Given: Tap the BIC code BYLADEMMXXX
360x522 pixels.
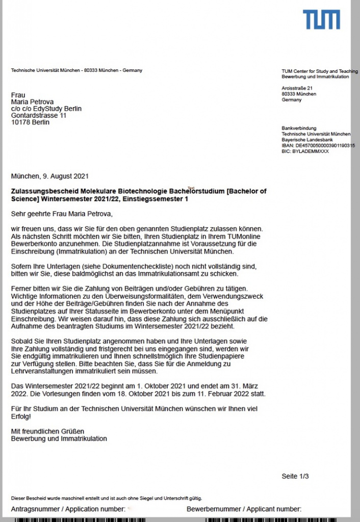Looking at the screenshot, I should point(305,151).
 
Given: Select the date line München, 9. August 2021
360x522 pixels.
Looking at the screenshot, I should point(50,177).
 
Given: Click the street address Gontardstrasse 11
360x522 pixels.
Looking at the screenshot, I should point(39,116).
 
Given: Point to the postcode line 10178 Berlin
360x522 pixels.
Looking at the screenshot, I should point(31,122).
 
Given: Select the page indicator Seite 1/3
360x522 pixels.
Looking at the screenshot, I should point(295,476).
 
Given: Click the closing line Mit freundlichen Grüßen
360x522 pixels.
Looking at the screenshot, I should point(47,431).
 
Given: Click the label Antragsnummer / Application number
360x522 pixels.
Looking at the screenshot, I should point(68,509).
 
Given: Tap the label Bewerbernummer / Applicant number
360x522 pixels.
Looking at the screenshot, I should point(244,509).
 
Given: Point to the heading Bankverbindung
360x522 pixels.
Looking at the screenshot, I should point(299,128).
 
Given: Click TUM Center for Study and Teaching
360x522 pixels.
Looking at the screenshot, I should point(319,71).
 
